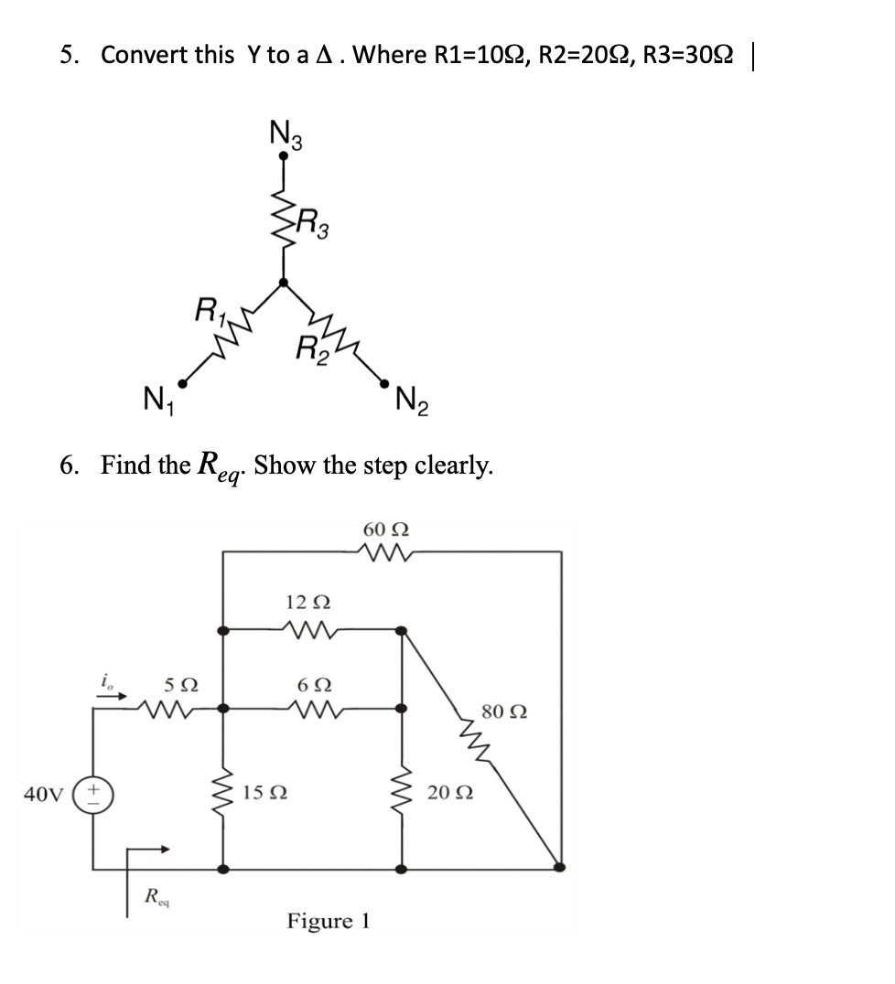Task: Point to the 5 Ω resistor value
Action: click(180, 684)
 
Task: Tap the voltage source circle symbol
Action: click(98, 792)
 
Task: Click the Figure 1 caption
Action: click(329, 920)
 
